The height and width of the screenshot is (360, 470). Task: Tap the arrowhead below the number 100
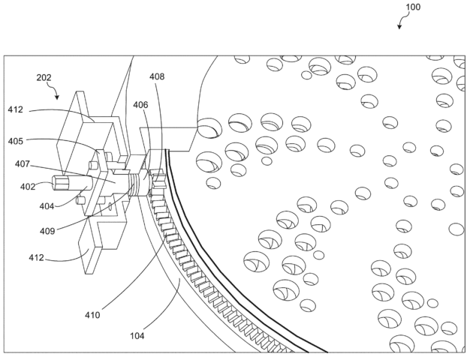point(400,26)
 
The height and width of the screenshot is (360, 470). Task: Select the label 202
point(45,76)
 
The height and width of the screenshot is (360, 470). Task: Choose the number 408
point(157,77)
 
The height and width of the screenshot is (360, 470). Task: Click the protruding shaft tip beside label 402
point(59,183)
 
